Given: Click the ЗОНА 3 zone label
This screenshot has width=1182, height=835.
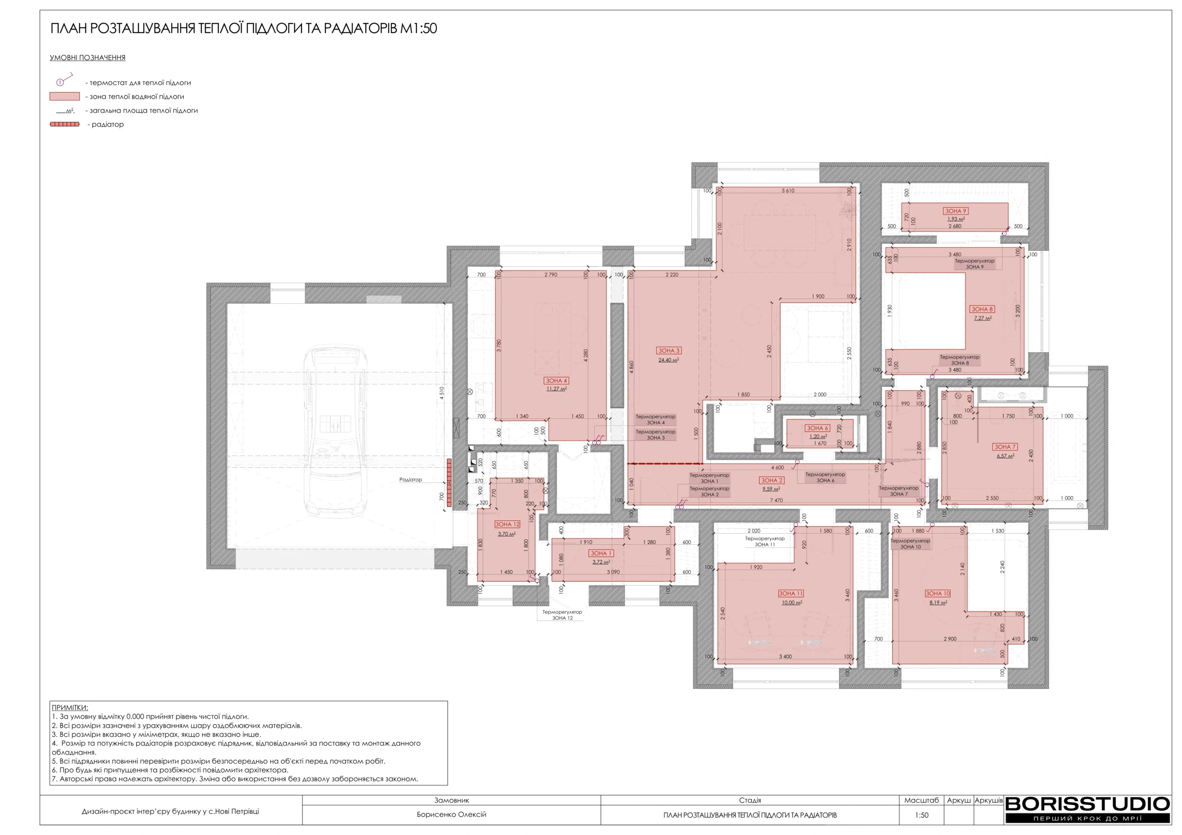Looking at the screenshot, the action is coord(669,350).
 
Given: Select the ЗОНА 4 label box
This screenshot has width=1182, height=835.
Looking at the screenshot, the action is coord(556,381).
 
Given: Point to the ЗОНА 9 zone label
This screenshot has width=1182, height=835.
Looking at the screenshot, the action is coord(955,211).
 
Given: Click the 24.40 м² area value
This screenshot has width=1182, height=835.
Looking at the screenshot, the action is coord(669,360).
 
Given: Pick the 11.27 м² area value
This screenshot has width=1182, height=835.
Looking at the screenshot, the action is coord(556,389).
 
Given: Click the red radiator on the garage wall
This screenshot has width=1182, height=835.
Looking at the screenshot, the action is coord(449,483).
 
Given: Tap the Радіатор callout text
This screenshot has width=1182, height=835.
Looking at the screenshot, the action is coord(410,479).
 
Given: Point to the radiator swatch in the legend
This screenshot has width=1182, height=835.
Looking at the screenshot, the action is coord(65,124).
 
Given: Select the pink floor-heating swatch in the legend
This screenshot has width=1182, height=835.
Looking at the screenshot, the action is coord(65,96).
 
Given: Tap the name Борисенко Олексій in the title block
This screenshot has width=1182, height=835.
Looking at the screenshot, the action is coord(452,814).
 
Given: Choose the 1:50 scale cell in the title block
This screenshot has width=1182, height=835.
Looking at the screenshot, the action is coord(922,815).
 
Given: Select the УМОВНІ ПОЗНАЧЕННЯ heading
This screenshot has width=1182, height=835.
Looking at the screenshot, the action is coord(88,58).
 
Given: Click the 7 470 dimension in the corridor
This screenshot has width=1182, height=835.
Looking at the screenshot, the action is coord(776,500).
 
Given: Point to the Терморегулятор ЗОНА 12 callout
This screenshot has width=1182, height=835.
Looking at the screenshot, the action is coord(562,615).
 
